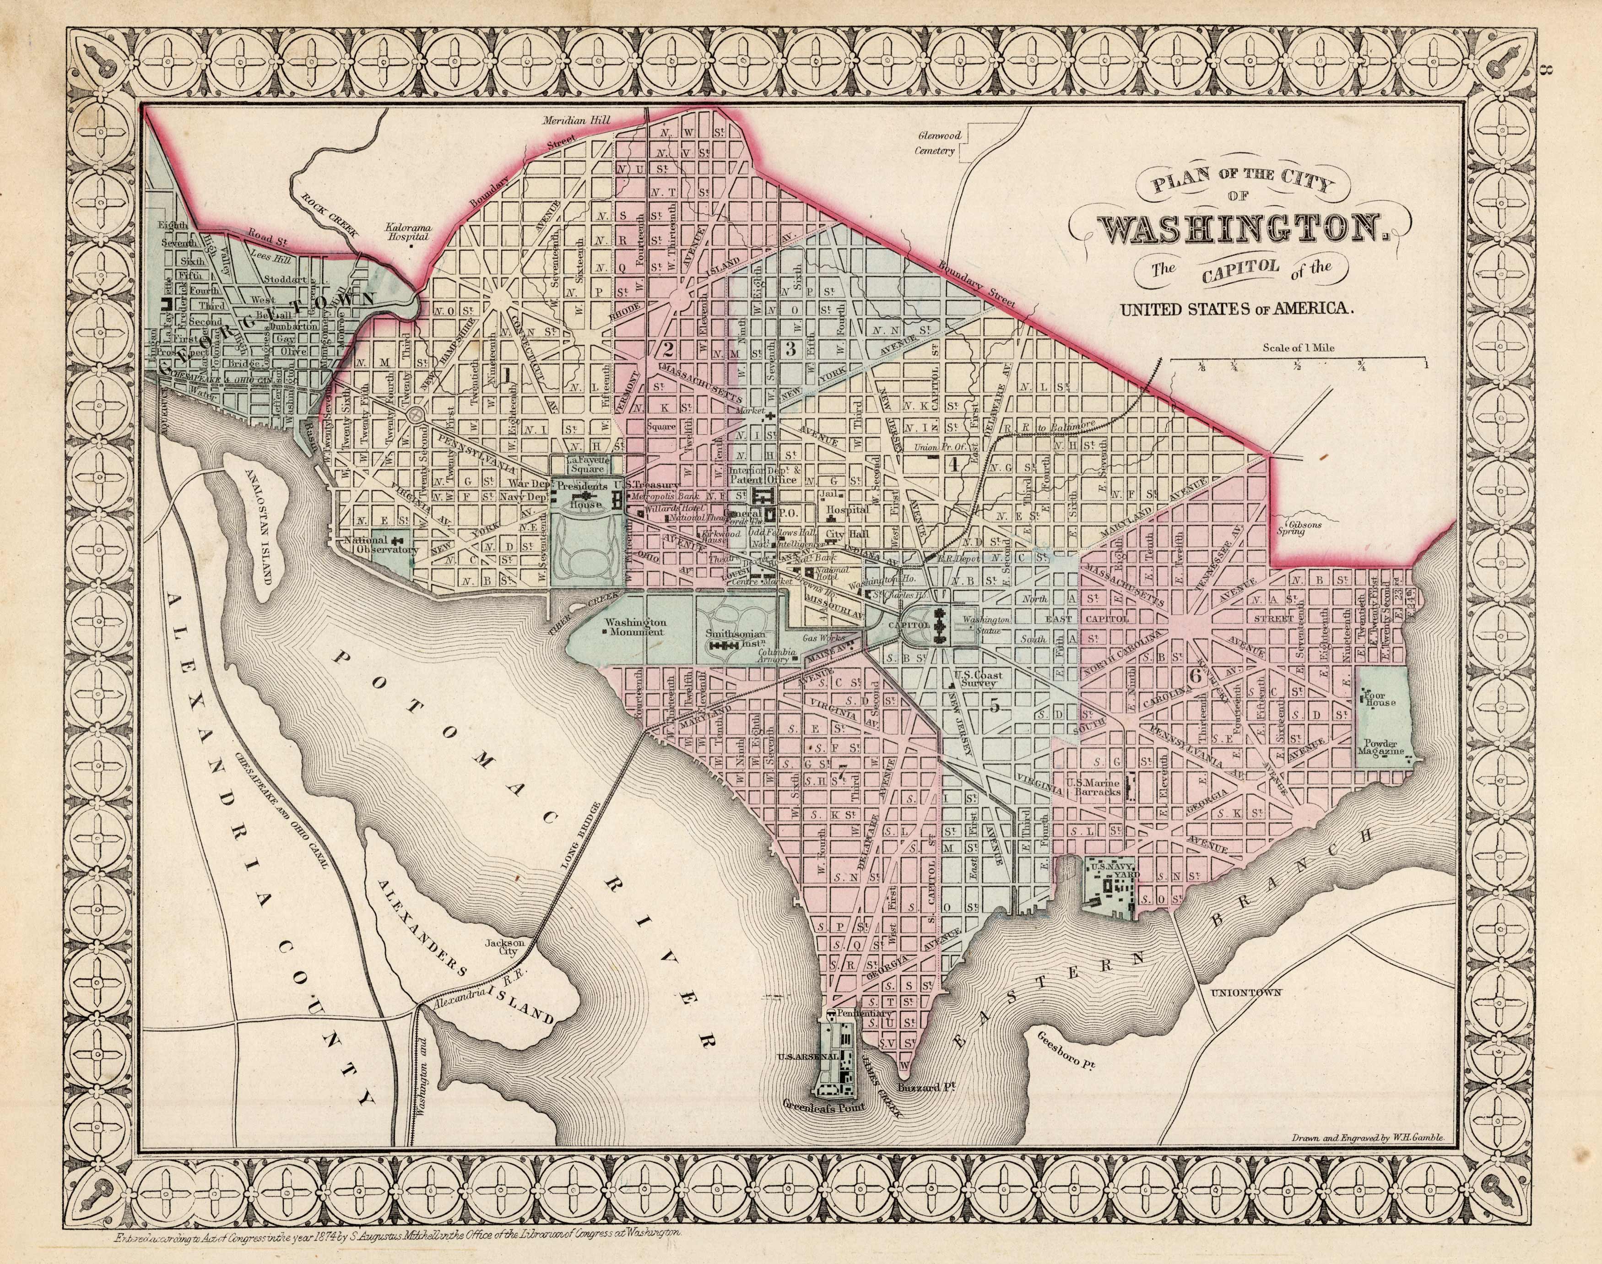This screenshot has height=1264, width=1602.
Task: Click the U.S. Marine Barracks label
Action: (1093, 786)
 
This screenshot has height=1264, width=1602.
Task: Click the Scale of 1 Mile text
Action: (1299, 347)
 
